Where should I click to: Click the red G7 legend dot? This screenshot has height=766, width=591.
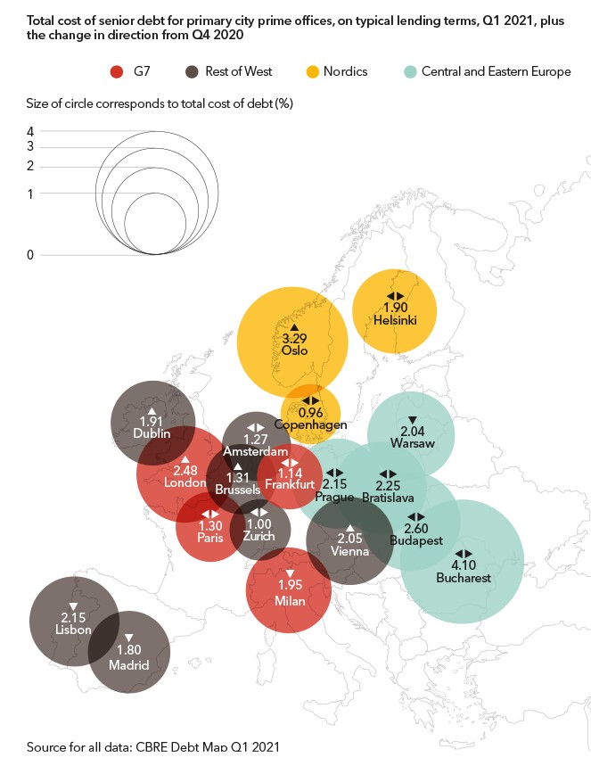[x=115, y=71]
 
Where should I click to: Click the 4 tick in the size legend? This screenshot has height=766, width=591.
[x=30, y=130]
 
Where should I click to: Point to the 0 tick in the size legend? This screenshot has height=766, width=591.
[x=30, y=255]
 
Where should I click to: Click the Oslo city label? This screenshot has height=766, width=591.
[x=294, y=350]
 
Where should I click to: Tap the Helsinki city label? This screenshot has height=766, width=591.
[x=394, y=318]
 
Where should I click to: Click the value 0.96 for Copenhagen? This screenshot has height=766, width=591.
[x=310, y=413]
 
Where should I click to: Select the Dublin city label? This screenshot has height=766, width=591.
[x=152, y=433]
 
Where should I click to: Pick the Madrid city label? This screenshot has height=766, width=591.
[x=128, y=664]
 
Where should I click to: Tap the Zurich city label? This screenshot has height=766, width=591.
[x=259, y=538]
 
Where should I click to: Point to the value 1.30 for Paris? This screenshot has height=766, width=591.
[x=209, y=526]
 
